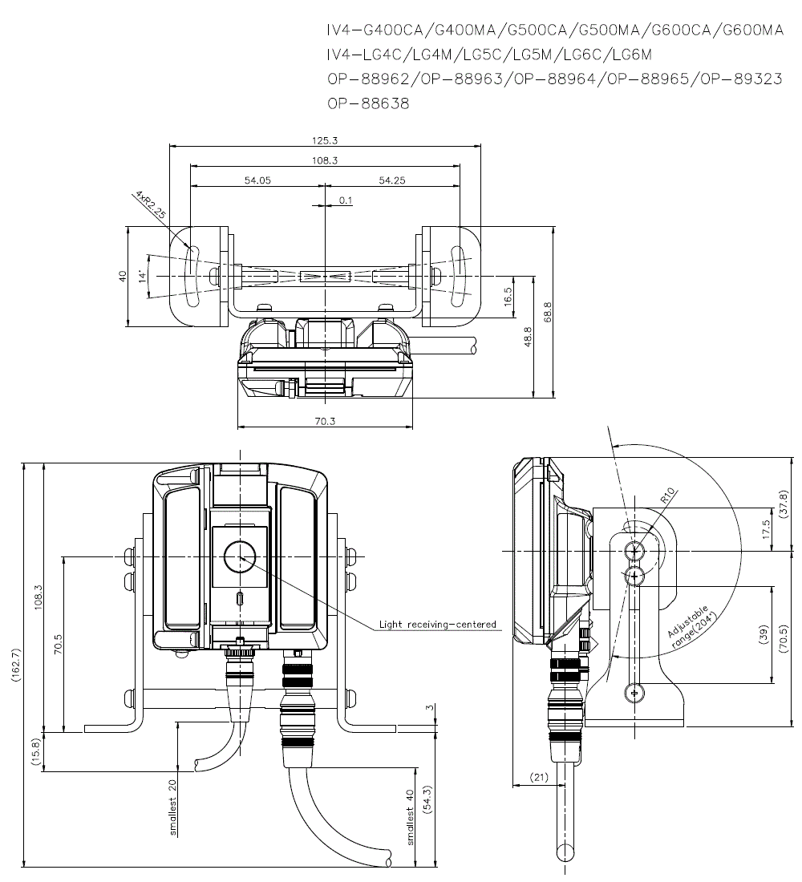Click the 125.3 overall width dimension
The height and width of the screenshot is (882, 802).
click(x=324, y=140)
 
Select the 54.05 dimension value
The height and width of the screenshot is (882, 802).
click(x=257, y=180)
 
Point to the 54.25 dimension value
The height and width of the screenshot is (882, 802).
click(x=391, y=180)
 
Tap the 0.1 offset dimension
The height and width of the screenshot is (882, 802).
click(x=346, y=200)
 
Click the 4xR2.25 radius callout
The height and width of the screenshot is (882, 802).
click(x=150, y=204)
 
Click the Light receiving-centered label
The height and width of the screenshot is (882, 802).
click(x=438, y=624)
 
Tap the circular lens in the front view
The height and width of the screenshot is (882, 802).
click(x=240, y=556)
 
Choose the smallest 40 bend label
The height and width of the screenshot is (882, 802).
click(x=411, y=817)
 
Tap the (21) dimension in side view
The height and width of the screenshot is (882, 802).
click(x=539, y=776)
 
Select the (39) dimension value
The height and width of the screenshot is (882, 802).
click(x=763, y=633)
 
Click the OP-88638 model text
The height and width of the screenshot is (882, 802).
click(x=368, y=103)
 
